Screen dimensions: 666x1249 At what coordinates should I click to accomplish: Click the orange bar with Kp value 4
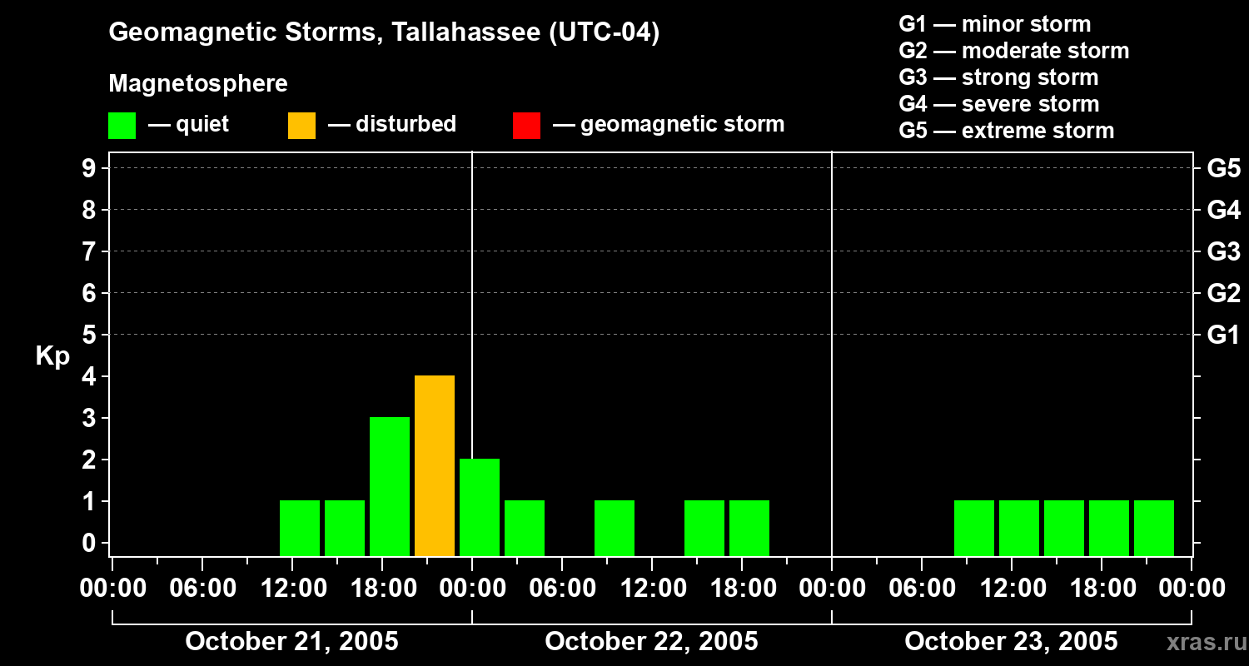(x=435, y=465)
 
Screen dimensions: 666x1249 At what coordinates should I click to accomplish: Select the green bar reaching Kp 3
(x=390, y=486)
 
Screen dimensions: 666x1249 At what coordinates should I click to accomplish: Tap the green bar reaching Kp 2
(x=480, y=507)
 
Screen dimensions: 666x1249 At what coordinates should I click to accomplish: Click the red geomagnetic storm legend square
(x=526, y=125)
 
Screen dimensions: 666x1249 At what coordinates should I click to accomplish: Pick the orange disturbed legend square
(x=301, y=125)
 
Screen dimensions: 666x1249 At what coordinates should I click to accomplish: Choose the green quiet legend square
(x=122, y=125)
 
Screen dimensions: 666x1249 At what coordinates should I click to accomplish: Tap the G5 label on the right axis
(x=1223, y=168)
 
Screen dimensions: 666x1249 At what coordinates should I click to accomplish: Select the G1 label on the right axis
(x=1223, y=335)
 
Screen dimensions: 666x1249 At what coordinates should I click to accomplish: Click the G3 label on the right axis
(x=1223, y=251)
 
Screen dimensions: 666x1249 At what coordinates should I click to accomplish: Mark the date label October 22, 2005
(x=651, y=641)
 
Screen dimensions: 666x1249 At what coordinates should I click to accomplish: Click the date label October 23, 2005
(x=1011, y=641)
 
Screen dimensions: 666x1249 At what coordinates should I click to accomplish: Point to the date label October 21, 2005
(x=291, y=641)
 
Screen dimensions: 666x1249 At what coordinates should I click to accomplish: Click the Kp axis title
(x=52, y=356)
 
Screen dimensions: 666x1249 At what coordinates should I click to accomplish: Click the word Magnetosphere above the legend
(x=198, y=84)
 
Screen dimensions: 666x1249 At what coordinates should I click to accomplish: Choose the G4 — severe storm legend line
(x=998, y=104)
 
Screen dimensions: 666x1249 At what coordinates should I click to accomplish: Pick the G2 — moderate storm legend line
(x=1013, y=51)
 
